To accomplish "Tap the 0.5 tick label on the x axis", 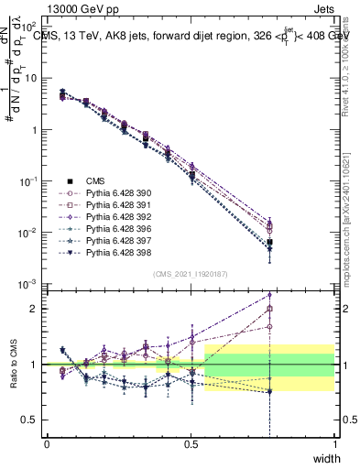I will tap(191, 444).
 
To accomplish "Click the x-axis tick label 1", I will tap(334, 444).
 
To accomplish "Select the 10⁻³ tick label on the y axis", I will tap(28, 284).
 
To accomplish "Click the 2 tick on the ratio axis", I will tap(35, 309).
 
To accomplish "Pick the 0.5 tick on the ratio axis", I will tap(31, 420).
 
